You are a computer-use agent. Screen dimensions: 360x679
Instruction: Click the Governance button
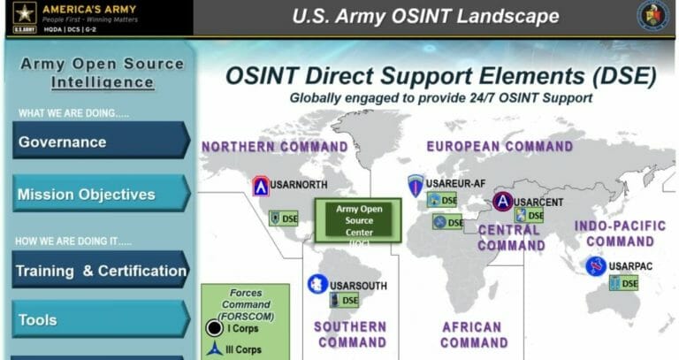[100, 142]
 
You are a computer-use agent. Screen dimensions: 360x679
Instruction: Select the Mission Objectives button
[100, 194]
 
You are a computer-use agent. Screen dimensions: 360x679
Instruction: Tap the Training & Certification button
[100, 271]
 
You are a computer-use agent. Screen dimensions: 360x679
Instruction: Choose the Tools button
[100, 320]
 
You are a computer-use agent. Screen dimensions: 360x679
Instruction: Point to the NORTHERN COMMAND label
[274, 147]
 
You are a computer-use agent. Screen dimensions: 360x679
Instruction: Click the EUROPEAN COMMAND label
[500, 146]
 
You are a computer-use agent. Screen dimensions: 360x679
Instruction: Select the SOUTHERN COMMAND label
[350, 334]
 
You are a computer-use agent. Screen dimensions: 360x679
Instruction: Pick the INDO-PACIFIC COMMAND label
[620, 234]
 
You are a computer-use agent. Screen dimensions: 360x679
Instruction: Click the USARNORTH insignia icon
[261, 186]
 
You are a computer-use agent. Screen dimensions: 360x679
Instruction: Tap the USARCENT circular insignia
[502, 203]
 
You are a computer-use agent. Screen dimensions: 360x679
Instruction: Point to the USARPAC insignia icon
[596, 265]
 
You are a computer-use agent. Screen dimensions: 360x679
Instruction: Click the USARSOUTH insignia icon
[317, 284]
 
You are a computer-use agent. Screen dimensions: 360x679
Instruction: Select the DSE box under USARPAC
[624, 283]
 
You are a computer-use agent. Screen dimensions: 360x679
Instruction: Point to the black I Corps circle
[214, 328]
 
